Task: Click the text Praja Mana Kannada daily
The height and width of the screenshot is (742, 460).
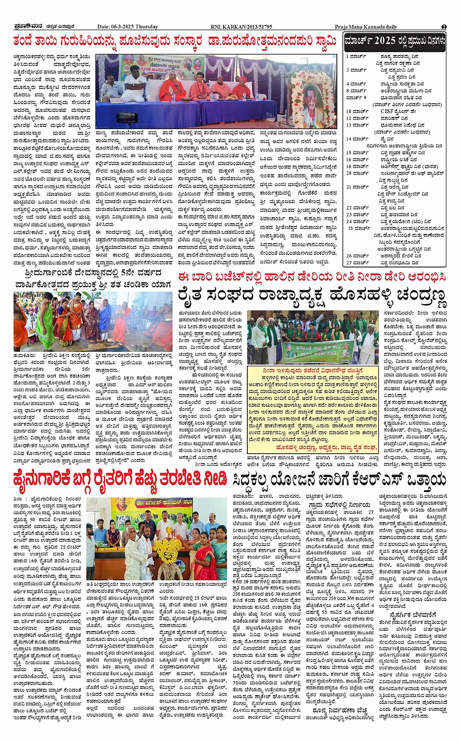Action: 366,27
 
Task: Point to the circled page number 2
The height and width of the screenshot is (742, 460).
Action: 443,27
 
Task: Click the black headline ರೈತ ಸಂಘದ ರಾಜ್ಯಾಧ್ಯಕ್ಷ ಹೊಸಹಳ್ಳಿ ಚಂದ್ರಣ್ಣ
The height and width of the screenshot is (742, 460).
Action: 312,295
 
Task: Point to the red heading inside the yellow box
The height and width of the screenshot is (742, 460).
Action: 312,370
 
